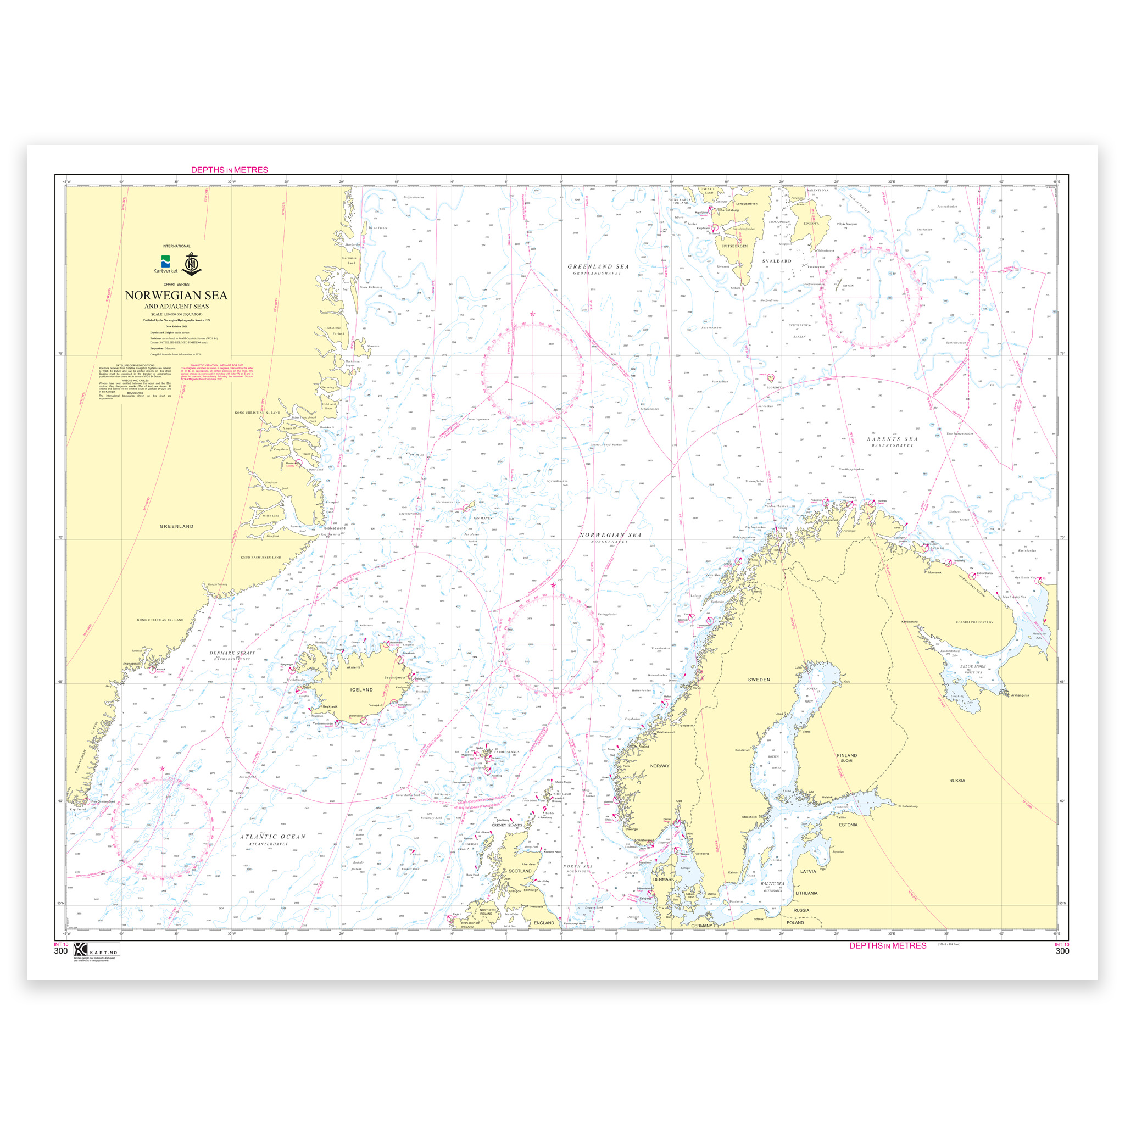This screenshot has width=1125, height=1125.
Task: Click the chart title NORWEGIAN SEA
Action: click(x=176, y=295)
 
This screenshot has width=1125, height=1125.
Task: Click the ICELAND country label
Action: click(x=361, y=689)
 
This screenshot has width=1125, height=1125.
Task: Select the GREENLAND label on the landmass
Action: click(x=176, y=526)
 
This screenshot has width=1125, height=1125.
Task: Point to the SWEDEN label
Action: click(x=759, y=680)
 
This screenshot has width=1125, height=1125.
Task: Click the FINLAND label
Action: click(x=846, y=755)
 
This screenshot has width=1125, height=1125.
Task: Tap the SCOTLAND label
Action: click(x=520, y=871)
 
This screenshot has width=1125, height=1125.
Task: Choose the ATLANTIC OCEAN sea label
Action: click(x=273, y=837)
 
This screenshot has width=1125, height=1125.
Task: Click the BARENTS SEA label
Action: click(x=892, y=439)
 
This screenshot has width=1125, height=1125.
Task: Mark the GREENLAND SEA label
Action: click(x=598, y=266)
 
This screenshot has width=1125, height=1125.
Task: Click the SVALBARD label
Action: click(x=777, y=261)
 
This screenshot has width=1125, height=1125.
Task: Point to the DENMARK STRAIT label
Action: click(x=232, y=653)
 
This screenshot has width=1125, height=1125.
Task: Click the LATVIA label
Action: click(x=807, y=871)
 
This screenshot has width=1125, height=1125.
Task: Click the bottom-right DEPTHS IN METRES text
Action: click(x=888, y=946)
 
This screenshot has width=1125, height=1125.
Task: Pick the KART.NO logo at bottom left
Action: click(x=96, y=949)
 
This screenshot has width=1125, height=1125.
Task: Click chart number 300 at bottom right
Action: click(x=1061, y=951)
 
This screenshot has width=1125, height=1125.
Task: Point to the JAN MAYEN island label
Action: click(x=483, y=517)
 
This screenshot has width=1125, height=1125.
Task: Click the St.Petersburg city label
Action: click(x=908, y=806)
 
